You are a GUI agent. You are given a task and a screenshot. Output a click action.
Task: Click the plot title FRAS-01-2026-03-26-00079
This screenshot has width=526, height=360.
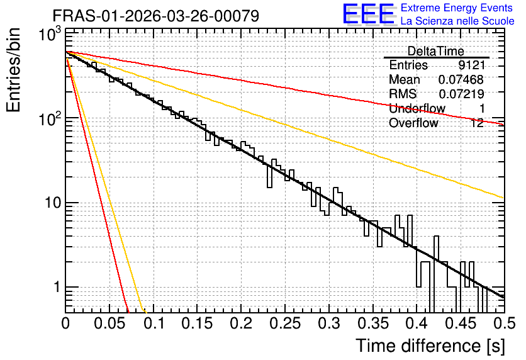pos(155,16)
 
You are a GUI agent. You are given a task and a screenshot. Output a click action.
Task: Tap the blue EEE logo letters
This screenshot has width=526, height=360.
pos(369,14)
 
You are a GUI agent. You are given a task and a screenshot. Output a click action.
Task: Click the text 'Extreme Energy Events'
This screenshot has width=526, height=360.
pos(457,8)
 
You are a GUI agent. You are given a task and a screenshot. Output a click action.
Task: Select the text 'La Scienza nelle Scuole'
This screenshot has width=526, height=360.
pos(457,21)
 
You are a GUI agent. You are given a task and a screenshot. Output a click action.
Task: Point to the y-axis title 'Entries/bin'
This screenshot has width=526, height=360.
pos(13,70)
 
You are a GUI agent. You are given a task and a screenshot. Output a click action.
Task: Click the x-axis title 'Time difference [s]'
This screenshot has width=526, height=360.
pos(430,346)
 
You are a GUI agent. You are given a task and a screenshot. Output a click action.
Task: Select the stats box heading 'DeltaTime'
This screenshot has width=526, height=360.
pos(436,51)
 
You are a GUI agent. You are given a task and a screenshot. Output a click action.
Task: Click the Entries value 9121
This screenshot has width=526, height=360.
pos(472,65)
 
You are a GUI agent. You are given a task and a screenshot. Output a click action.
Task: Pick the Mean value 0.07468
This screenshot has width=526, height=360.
pos(461,79)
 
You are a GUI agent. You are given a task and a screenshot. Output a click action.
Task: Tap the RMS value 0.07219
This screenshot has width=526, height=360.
pos(461,94)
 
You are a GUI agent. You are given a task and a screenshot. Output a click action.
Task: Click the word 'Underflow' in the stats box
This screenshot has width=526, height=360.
pos(417,108)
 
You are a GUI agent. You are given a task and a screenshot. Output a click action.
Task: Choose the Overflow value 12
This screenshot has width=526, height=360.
pos(477,123)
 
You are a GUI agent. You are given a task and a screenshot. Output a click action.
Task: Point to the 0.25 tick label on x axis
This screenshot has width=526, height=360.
pos(285,323)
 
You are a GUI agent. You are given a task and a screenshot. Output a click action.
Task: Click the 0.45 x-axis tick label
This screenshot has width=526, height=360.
pos(461,323)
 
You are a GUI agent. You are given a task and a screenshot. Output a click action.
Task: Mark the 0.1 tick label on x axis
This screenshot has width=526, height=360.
pos(154,323)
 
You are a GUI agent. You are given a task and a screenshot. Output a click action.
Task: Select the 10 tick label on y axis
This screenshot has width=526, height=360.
pos(53,203)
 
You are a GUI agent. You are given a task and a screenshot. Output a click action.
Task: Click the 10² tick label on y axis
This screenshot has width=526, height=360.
pos(50,119)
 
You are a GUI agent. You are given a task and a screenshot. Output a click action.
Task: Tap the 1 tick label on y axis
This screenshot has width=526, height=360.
pos(57,287)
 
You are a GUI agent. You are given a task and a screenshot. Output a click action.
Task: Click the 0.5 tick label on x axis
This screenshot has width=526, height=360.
pos(505,323)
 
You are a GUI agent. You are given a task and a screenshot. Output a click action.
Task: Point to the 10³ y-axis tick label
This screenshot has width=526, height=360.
pos(50,35)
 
